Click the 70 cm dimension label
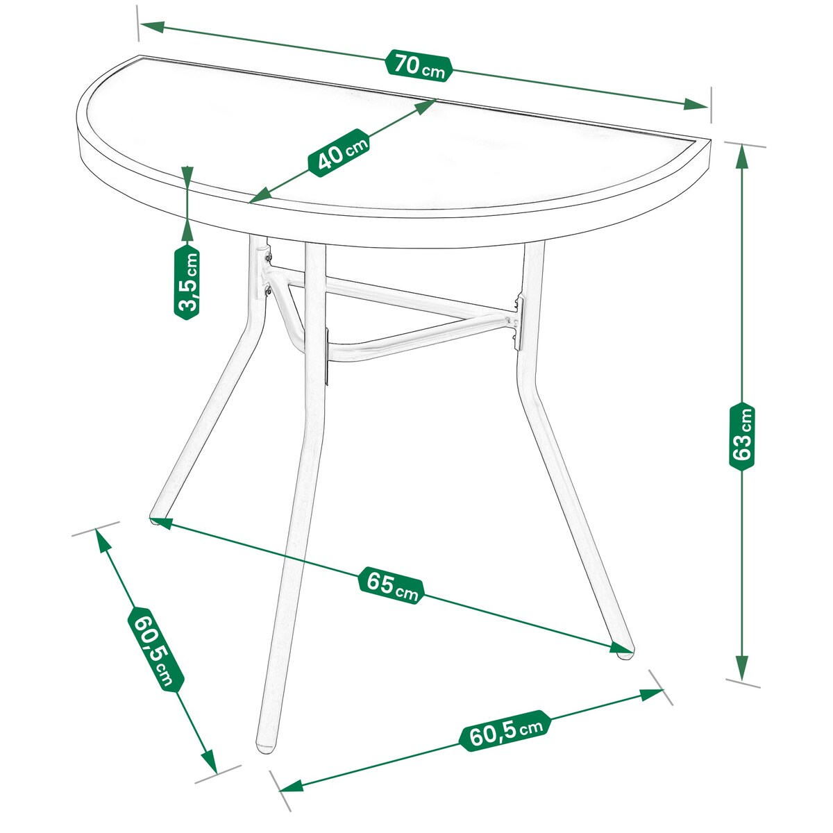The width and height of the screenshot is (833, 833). coord(418,66)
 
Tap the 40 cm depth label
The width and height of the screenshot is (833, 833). coord(339,153)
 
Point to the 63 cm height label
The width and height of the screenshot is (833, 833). coord(742,437)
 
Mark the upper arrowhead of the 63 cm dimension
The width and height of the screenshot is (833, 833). coord(742,159)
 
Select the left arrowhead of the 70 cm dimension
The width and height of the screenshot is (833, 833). coord(152,27)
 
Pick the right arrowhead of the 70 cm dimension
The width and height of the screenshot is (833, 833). coord(696,104)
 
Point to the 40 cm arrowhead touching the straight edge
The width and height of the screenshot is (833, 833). coord(425,106)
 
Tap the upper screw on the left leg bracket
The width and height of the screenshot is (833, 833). coord(269,258)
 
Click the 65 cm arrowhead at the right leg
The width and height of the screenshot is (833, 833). coord(621,647)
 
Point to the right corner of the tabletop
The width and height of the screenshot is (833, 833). coord(710,140)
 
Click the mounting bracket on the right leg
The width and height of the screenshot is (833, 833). coord(519,323)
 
